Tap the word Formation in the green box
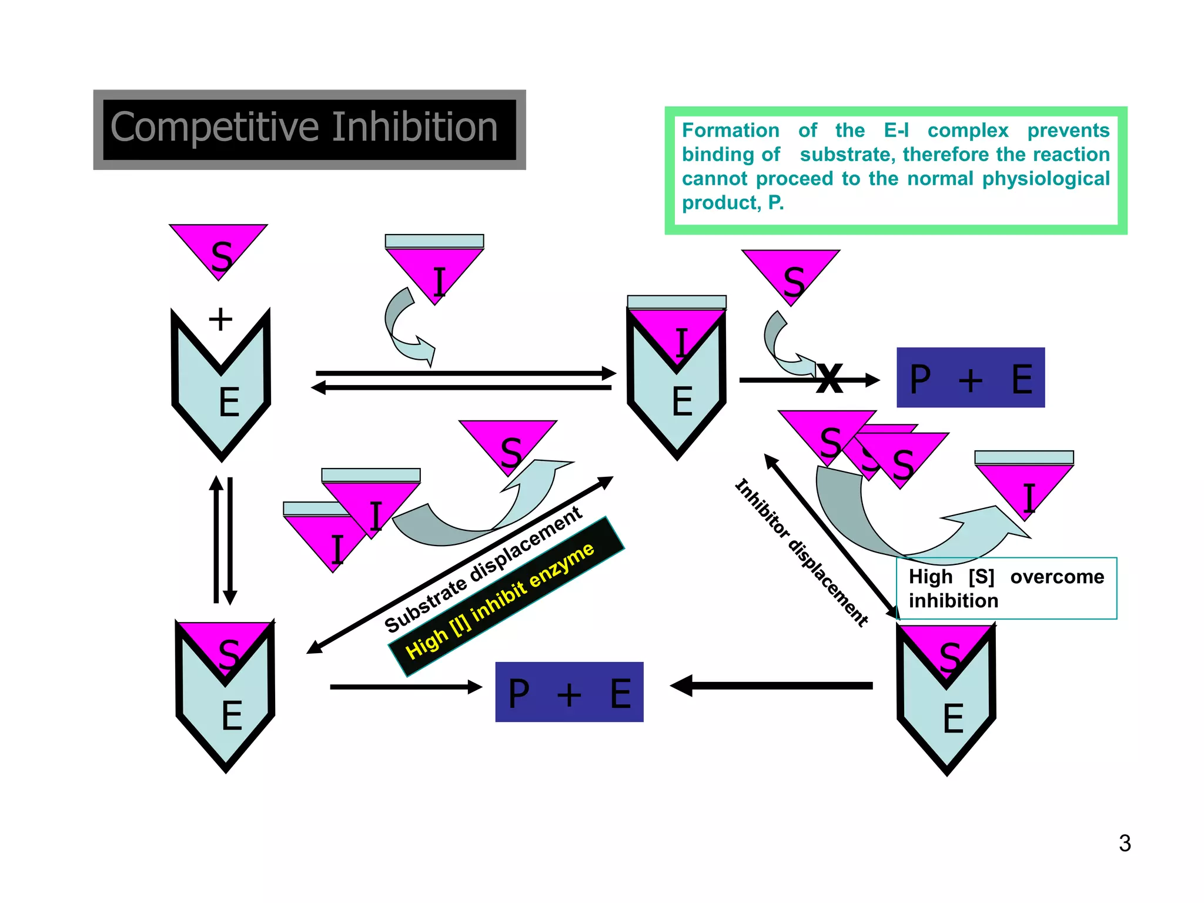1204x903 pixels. pyautogui.click(x=730, y=130)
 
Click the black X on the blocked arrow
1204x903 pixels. pyautogui.click(x=830, y=379)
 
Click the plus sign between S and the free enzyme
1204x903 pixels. pyautogui.click(x=220, y=319)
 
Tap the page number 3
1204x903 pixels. pyautogui.click(x=1124, y=843)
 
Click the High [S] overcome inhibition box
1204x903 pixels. pyautogui.click(x=1006, y=588)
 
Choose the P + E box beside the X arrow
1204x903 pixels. pyautogui.click(x=970, y=378)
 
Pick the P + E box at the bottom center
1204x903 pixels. pyautogui.click(x=568, y=692)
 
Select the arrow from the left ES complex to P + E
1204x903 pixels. pyautogui.click(x=406, y=687)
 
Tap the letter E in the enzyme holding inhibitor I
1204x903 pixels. pyautogui.click(x=681, y=402)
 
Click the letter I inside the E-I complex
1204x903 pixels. pyautogui.click(x=680, y=342)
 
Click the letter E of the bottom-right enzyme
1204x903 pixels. pyautogui.click(x=952, y=718)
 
